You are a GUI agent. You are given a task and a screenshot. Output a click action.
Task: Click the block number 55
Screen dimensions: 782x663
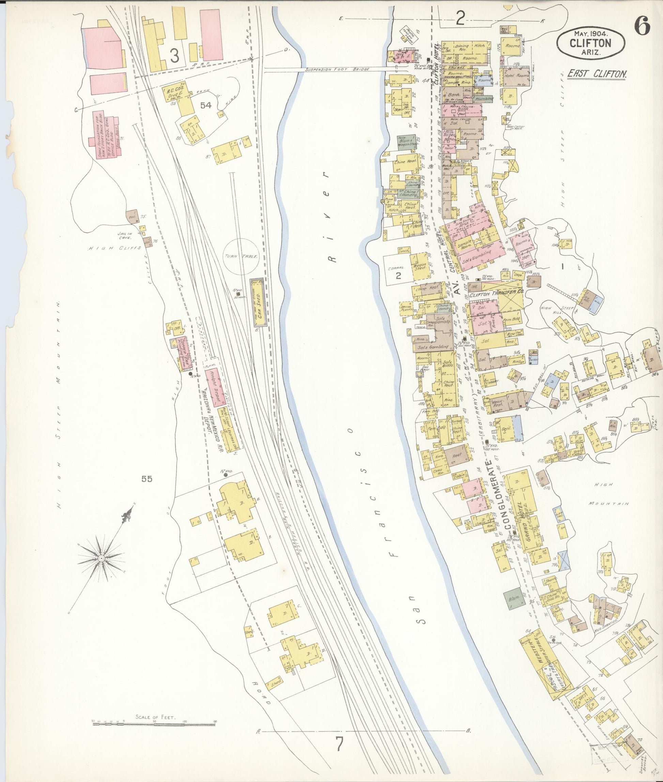(x=147, y=479)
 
